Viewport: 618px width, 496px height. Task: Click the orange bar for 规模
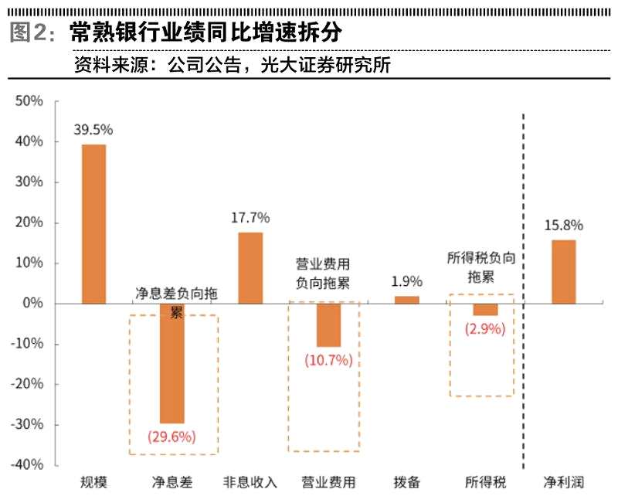93,224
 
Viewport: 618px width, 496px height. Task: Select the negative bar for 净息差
171,363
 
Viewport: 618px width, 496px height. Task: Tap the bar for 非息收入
250,267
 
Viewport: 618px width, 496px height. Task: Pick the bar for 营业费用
328,324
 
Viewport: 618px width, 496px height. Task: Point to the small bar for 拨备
406,300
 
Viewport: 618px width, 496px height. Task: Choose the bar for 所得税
484,309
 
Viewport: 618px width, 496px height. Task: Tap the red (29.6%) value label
171,437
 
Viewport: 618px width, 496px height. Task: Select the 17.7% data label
250,217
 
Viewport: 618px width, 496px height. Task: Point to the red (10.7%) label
328,359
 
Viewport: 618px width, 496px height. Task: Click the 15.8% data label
563,226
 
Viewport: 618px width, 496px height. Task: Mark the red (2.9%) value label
484,328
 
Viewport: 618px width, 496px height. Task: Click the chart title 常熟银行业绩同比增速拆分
205,32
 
